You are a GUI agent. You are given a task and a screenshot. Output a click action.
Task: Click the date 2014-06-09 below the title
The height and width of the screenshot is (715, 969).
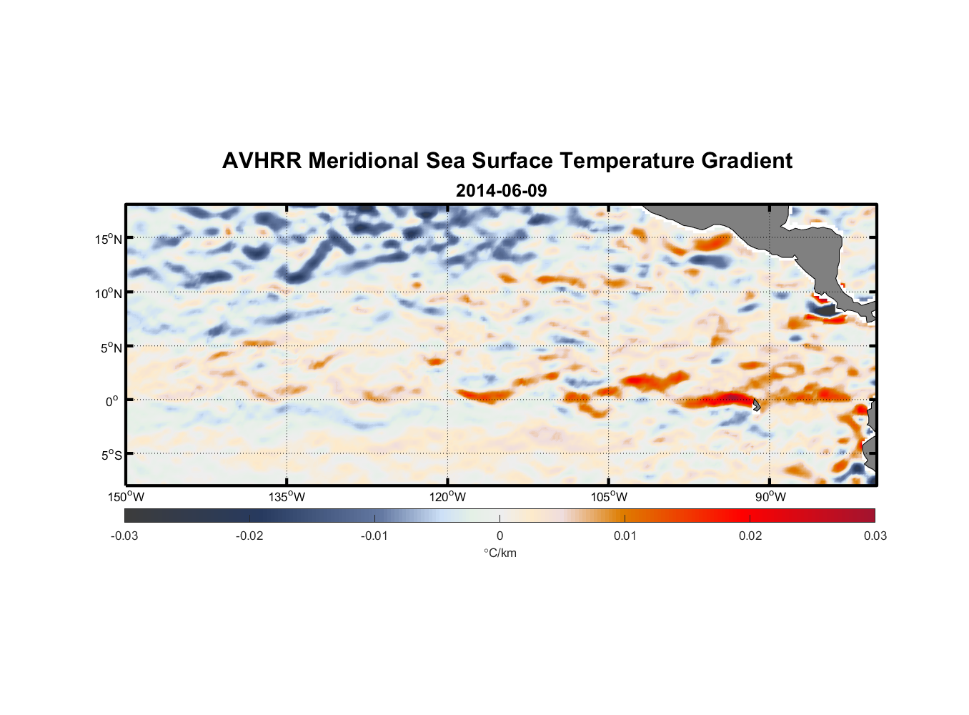[501, 191]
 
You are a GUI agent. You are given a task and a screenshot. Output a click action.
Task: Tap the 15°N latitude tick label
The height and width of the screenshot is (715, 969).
[109, 239]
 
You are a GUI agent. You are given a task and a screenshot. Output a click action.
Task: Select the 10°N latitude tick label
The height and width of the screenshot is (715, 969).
[109, 293]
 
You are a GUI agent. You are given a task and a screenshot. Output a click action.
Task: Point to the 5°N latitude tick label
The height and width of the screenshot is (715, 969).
[111, 347]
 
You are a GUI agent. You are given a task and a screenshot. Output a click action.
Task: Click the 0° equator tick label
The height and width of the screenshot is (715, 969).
[112, 401]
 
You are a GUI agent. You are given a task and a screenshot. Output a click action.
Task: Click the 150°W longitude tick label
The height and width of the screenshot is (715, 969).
[126, 497]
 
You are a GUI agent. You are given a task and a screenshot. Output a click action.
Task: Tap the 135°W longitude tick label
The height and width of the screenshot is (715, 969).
[287, 497]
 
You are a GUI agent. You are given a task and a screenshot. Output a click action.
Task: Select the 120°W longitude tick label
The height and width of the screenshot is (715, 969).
[448, 497]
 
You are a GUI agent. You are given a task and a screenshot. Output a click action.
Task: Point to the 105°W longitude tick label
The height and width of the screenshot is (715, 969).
[609, 497]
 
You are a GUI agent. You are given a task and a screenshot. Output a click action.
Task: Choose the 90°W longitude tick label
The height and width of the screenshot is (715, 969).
[770, 497]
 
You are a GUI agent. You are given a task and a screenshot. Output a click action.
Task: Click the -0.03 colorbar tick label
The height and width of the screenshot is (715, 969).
[124, 536]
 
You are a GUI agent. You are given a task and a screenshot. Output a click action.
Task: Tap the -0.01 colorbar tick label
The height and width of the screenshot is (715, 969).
[374, 536]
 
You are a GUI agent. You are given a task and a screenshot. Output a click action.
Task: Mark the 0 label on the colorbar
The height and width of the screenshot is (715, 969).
[500, 536]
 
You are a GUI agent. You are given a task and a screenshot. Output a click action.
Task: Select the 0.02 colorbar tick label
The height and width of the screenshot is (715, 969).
[750, 536]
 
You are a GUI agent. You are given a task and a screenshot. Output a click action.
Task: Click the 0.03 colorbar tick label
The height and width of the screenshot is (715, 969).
[875, 536]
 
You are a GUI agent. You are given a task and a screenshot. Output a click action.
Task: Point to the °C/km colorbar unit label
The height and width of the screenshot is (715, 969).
[500, 553]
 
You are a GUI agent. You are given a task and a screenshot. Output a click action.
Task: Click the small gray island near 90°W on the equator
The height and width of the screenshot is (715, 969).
[756, 405]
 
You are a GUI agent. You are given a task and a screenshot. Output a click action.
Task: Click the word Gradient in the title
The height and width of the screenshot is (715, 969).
[746, 161]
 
